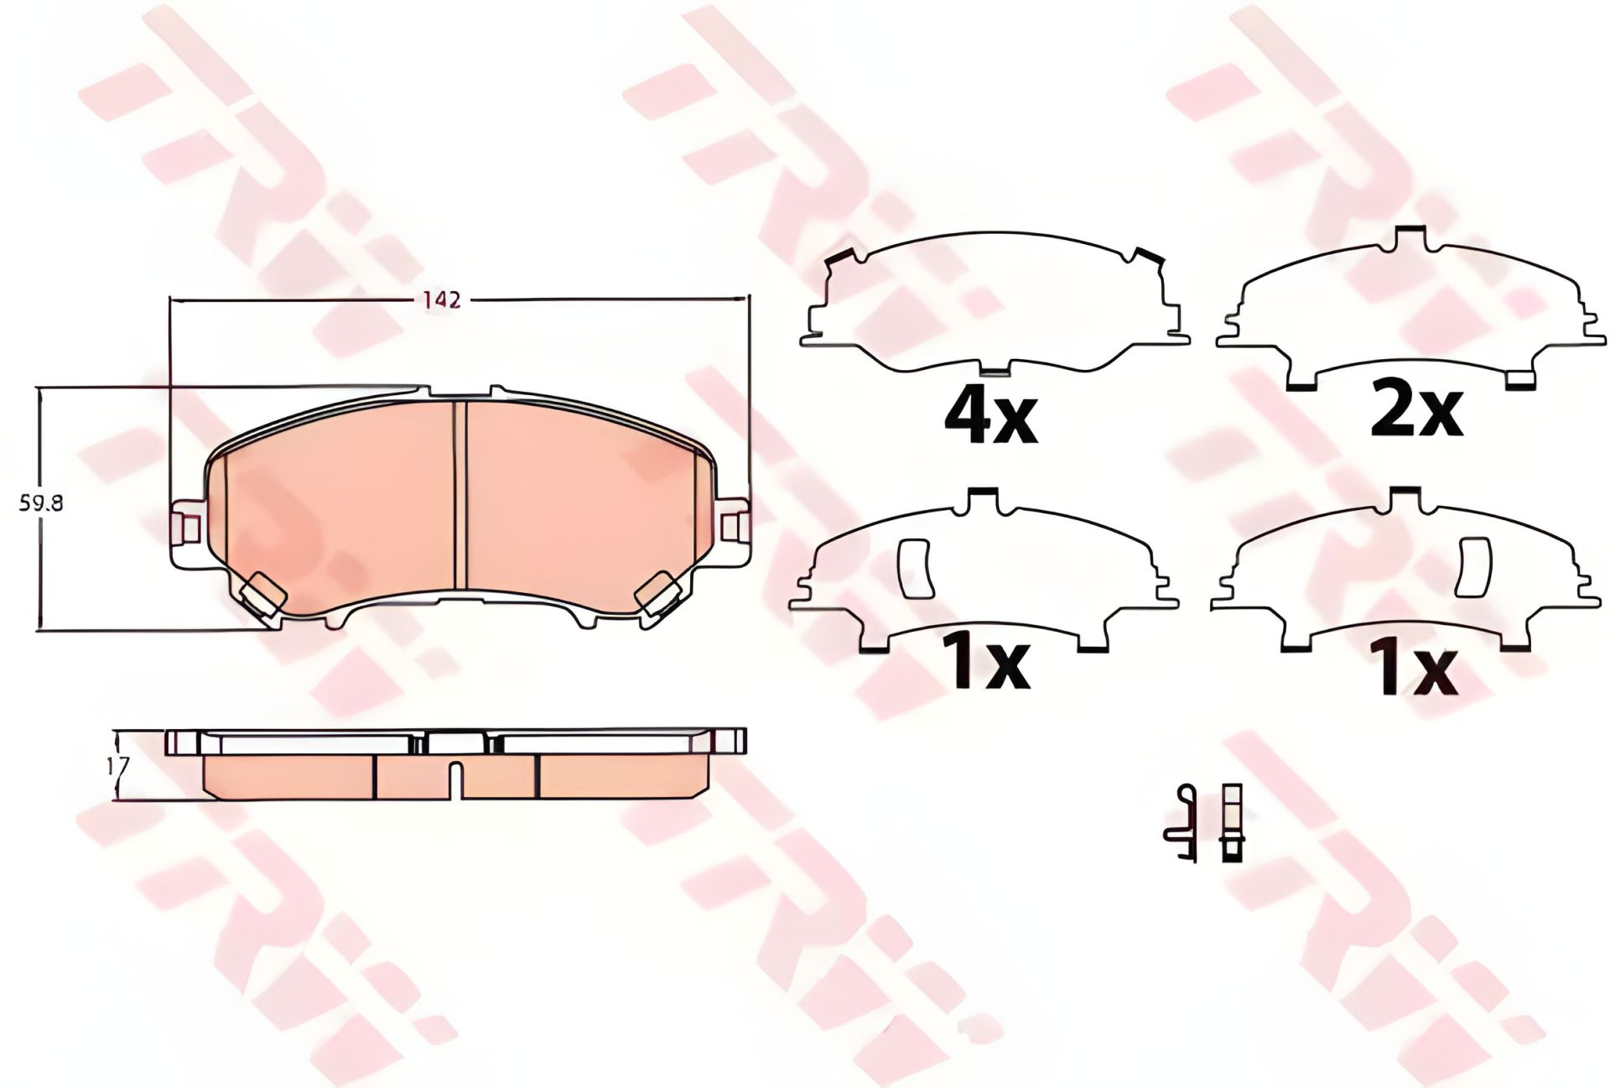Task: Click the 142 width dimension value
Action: [442, 299]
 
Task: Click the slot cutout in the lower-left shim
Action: [915, 567]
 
